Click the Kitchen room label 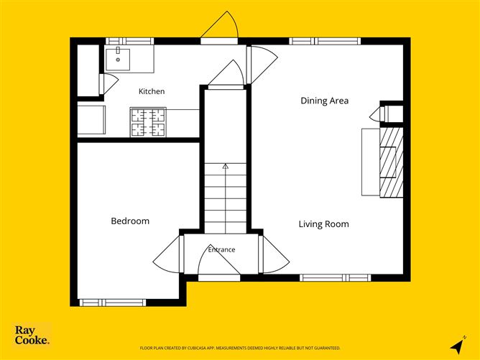tap(152, 91)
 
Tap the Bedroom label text tap(130, 221)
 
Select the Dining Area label tap(325, 101)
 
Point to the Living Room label tap(324, 224)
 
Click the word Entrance tap(221, 249)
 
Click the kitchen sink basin tap(118, 60)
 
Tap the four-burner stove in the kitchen tap(148, 122)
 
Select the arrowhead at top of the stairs tap(226, 166)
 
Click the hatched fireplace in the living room tap(391, 162)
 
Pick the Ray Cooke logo tap(32, 335)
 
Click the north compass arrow tap(457, 346)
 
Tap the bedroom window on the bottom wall tap(113, 303)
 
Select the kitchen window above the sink tap(130, 41)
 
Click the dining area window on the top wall tap(325, 41)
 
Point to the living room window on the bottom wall tap(335, 277)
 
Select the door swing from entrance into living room tap(274, 254)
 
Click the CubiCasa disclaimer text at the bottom tap(240, 348)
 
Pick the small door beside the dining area tap(377, 114)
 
